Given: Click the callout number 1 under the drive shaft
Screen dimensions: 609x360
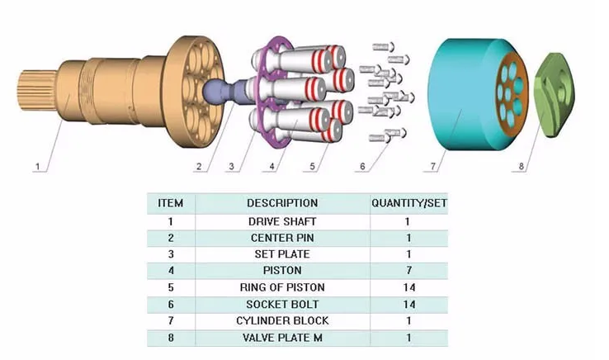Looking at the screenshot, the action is (38, 167).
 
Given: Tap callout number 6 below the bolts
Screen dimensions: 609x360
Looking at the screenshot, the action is (362, 167).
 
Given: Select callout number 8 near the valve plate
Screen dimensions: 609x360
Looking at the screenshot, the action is (522, 167).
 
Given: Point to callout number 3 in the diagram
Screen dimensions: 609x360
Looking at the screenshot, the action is (232, 167).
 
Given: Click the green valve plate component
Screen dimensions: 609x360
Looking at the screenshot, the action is (554, 94).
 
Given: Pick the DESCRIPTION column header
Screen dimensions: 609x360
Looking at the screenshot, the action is (282, 203).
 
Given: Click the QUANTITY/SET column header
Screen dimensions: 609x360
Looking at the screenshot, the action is (409, 203).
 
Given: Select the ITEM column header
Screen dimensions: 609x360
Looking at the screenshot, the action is (171, 203).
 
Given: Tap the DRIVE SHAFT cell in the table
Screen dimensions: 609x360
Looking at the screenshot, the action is (282, 221).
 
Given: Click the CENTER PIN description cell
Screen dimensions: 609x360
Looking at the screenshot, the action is (282, 238).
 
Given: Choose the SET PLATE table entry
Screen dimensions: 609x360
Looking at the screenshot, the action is (282, 254).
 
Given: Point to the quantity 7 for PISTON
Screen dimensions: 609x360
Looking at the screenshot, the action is (408, 271).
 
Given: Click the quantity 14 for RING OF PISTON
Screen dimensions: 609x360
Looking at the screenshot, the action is (409, 287).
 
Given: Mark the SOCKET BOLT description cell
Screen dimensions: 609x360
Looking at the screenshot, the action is (282, 305).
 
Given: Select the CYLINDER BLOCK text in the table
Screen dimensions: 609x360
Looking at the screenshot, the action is (282, 320).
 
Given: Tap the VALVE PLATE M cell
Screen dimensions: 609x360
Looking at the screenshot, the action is (282, 338).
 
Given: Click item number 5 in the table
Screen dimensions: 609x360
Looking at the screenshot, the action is (171, 287).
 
